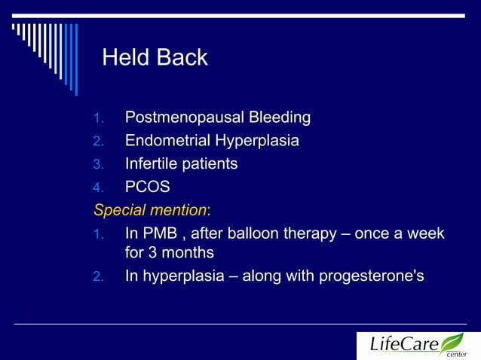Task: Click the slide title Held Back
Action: (x=155, y=58)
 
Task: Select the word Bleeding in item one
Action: (x=274, y=118)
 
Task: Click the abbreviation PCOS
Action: (x=148, y=186)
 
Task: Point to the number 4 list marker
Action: (x=97, y=187)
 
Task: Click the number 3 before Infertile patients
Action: (x=97, y=164)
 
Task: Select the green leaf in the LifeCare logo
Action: (x=452, y=343)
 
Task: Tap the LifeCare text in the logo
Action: (x=405, y=345)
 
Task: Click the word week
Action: (x=426, y=233)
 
